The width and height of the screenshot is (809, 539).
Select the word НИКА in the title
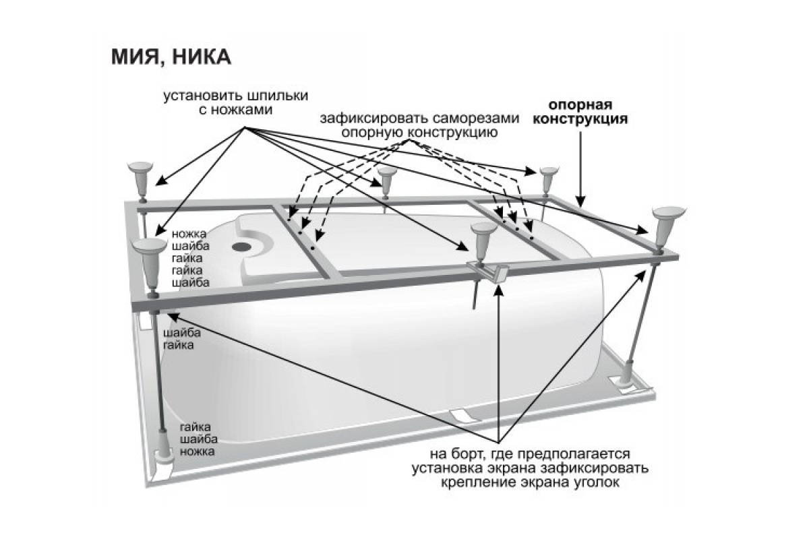202,57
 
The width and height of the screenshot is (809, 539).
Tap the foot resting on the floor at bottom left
164,449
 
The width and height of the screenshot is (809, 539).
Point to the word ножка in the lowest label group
197,451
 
